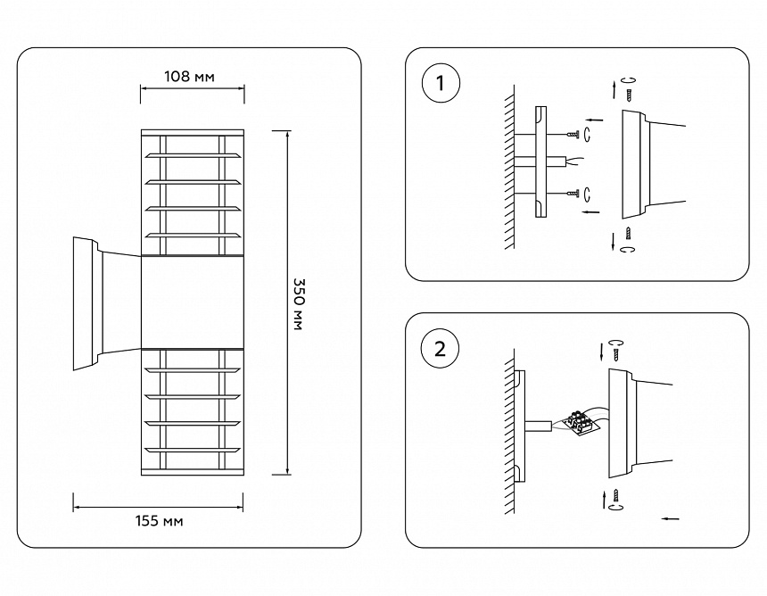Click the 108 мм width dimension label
point(190,77)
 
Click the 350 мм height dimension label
point(299,303)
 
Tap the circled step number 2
point(439,348)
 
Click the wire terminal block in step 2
point(582,421)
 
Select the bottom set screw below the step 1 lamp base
point(630,234)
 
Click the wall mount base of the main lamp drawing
point(87,303)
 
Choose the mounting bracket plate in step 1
point(540,162)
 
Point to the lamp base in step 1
point(635,165)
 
